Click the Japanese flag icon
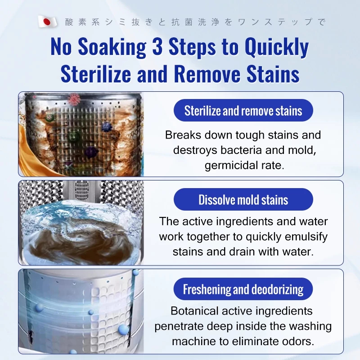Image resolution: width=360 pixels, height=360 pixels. (47, 22)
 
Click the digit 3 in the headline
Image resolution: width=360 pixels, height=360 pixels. (157, 47)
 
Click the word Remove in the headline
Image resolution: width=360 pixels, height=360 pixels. (207, 74)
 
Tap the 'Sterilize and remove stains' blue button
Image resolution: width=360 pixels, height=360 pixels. (243, 110)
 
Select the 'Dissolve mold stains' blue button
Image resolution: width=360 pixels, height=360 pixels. (243, 199)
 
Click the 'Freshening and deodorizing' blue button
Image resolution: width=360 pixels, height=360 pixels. (243, 289)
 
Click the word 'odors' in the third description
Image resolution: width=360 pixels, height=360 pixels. (299, 342)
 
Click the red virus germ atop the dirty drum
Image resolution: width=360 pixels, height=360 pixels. (74, 99)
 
